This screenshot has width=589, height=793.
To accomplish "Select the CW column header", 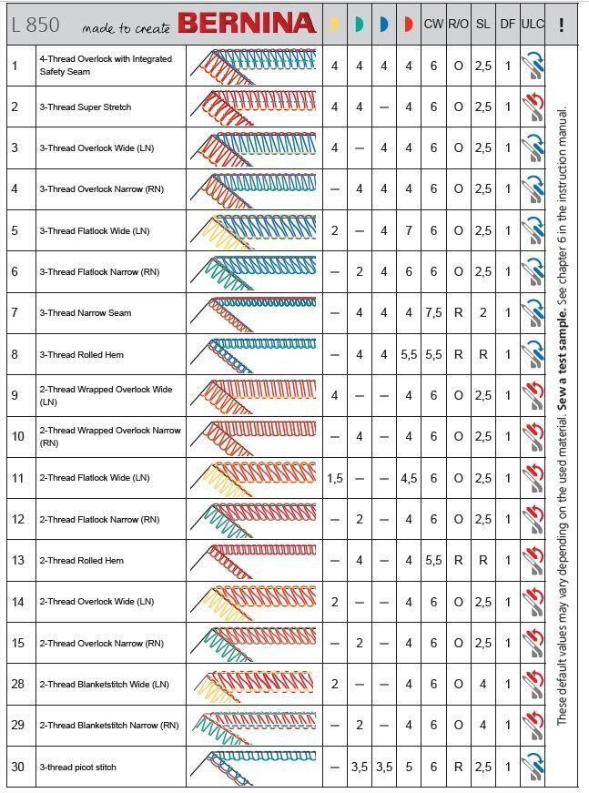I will pyautogui.click(x=433, y=25).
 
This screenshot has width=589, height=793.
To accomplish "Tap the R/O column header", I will pyautogui.click(x=458, y=25).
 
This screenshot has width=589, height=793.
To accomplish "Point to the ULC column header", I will pyautogui.click(x=532, y=25).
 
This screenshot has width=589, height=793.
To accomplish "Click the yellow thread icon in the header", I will pyautogui.click(x=334, y=25).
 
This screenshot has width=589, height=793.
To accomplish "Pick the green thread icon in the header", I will pyautogui.click(x=359, y=25).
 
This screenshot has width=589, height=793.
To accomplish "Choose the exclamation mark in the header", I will pyautogui.click(x=562, y=25).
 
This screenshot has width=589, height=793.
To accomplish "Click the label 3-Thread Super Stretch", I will pyautogui.click(x=85, y=107).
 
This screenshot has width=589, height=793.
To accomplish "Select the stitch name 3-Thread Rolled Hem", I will pyautogui.click(x=81, y=354).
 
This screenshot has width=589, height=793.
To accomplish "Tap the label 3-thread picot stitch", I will pyautogui.click(x=77, y=767).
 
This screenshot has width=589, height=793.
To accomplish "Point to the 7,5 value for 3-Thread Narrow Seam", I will pyautogui.click(x=433, y=313).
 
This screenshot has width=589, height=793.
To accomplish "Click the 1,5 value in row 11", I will pyautogui.click(x=335, y=478).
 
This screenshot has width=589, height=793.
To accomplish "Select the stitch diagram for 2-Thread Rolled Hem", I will pyautogui.click(x=255, y=559).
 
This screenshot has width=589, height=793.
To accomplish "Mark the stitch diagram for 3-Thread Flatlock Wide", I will pyautogui.click(x=255, y=229).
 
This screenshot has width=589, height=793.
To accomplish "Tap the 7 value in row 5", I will pyautogui.click(x=409, y=230).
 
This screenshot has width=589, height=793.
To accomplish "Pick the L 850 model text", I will pyautogui.click(x=36, y=25).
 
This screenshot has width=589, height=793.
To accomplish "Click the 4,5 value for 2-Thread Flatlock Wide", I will pyautogui.click(x=409, y=478).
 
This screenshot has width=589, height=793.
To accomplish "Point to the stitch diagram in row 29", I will pyautogui.click(x=255, y=725).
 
